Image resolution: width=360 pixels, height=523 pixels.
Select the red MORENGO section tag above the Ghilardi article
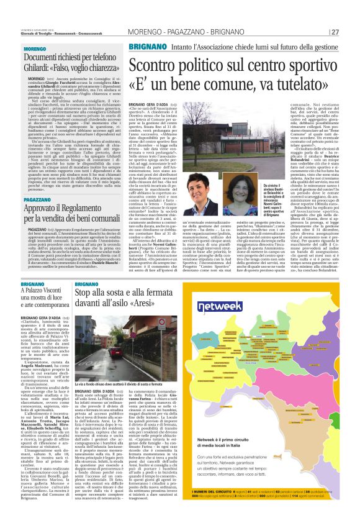click(35, 48)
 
